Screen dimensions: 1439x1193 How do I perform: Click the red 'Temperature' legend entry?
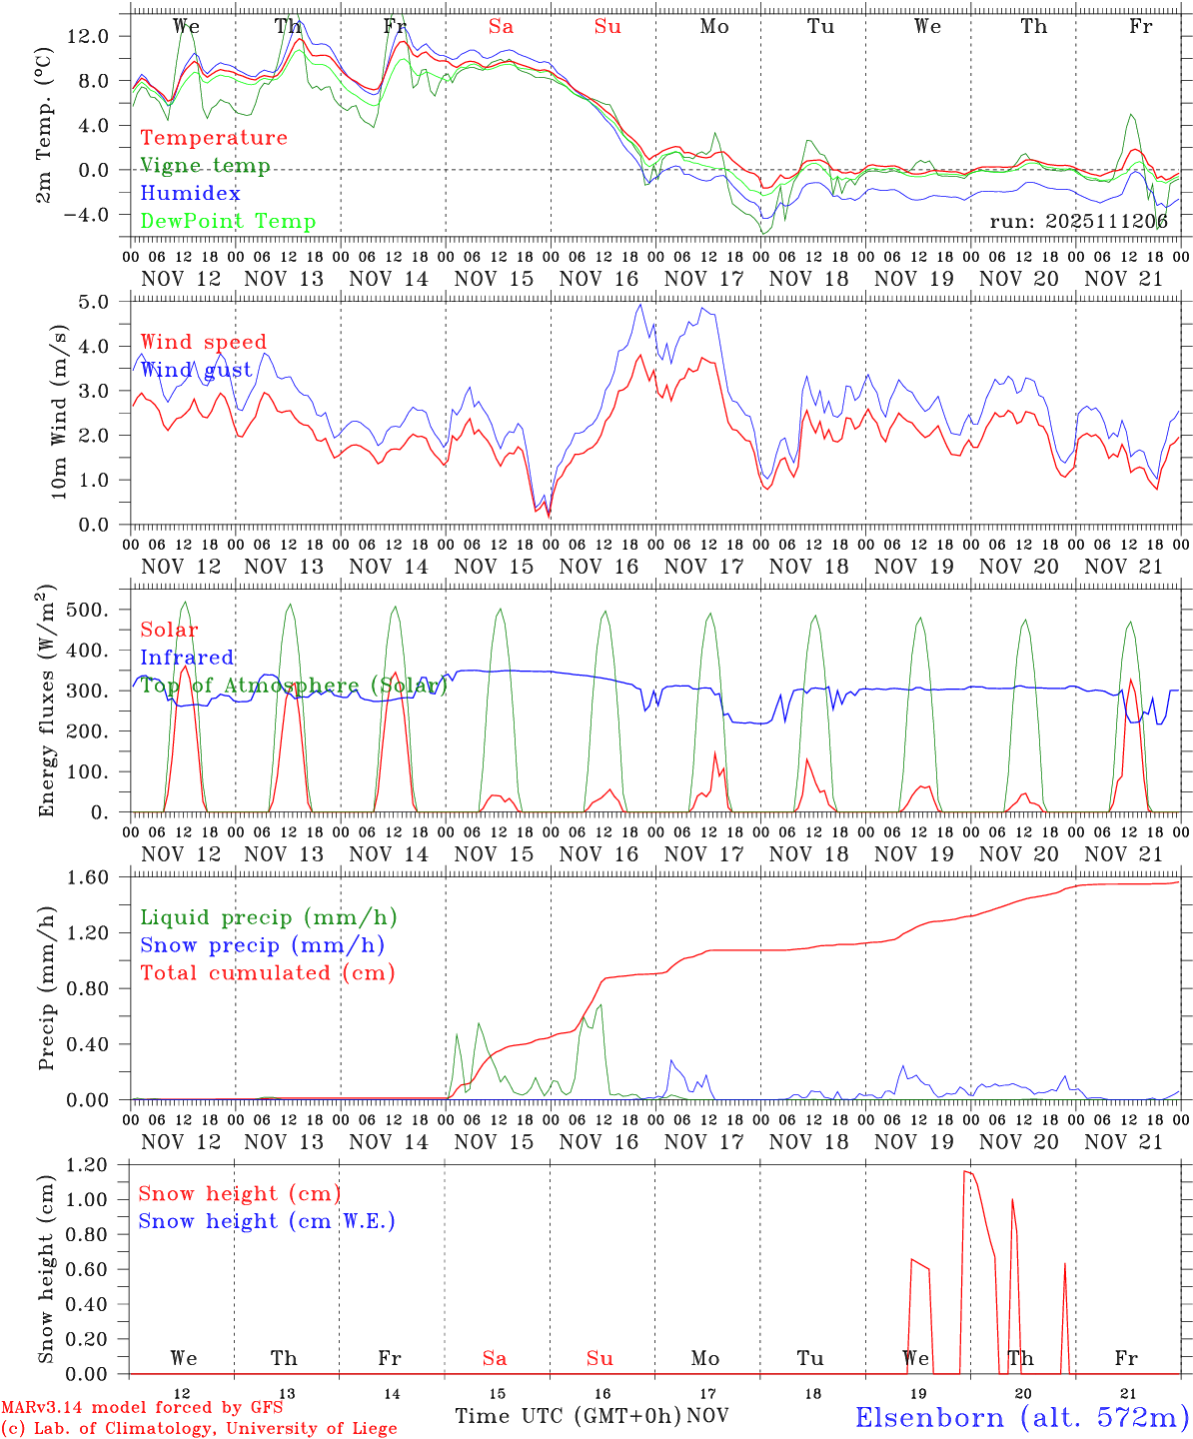tap(213, 138)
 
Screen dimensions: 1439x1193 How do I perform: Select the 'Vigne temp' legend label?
tap(205, 166)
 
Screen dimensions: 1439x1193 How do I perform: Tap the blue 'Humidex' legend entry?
tap(190, 194)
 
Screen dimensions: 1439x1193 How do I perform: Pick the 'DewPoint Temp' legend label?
tap(228, 222)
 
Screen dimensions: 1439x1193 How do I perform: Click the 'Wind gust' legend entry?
tap(196, 370)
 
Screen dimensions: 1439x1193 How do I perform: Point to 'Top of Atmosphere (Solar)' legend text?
tap(294, 686)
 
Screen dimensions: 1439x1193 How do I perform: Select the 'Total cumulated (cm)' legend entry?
tap(267, 972)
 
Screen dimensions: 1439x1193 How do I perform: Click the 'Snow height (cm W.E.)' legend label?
tap(267, 1221)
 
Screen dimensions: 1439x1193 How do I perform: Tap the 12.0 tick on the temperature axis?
tap(100, 36)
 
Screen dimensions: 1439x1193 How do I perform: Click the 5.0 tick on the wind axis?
tap(108, 302)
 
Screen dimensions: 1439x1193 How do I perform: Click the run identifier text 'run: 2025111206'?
tap(1078, 222)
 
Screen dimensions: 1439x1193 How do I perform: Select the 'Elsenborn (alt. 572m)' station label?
tap(1021, 1417)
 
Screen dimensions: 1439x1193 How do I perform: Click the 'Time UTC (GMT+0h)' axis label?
tap(568, 1416)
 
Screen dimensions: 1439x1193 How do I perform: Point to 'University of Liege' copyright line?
tap(200, 1429)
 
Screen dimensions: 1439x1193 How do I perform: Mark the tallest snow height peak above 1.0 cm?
tap(964, 1171)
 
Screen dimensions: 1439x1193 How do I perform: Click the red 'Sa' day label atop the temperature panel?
tap(501, 27)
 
